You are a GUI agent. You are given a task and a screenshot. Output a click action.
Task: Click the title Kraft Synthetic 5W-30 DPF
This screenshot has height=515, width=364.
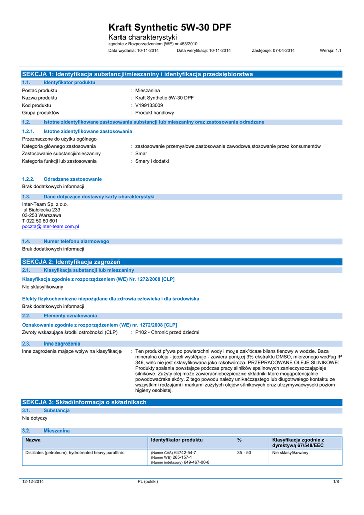coord(170,28)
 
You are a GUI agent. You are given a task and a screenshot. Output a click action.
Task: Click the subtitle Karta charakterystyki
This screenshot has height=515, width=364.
coord(143,38)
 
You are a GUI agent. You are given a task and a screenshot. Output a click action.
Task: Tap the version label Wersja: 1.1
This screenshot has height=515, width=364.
coord(330,50)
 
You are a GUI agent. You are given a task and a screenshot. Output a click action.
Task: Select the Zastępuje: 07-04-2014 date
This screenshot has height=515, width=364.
coord(273,50)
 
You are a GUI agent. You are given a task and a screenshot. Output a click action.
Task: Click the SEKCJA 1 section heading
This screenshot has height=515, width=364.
coord(137,74)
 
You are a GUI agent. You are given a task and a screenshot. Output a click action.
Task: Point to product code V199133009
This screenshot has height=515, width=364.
coord(149,105)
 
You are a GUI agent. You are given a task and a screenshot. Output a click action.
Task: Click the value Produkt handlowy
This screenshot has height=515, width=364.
coord(155,113)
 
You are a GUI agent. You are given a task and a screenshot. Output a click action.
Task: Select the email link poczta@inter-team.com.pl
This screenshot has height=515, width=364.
coord(50,226)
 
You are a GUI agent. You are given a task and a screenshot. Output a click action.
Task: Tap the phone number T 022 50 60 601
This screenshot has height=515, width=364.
coord(40,221)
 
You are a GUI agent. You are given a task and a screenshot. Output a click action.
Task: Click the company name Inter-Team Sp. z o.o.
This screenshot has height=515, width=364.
coord(45,204)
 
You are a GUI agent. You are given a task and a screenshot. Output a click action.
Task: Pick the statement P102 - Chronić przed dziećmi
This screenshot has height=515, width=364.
coord(167,332)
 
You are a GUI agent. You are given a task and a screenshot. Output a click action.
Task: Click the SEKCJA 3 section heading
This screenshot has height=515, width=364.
coord(84,402)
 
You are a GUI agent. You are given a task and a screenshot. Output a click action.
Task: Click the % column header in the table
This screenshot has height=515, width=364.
coord(240,440)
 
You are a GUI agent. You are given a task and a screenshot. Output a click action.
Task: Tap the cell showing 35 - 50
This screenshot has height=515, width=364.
coord(244,453)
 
